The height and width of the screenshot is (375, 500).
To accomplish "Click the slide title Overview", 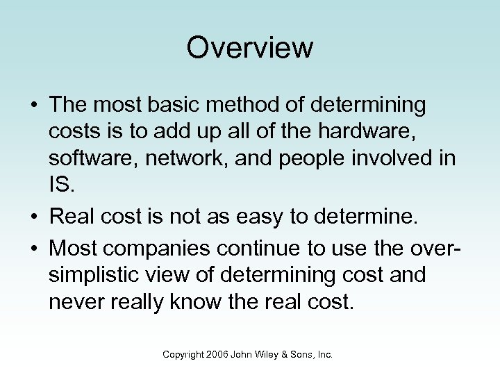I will click(250, 48).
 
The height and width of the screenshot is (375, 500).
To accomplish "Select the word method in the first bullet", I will click(249, 106).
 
